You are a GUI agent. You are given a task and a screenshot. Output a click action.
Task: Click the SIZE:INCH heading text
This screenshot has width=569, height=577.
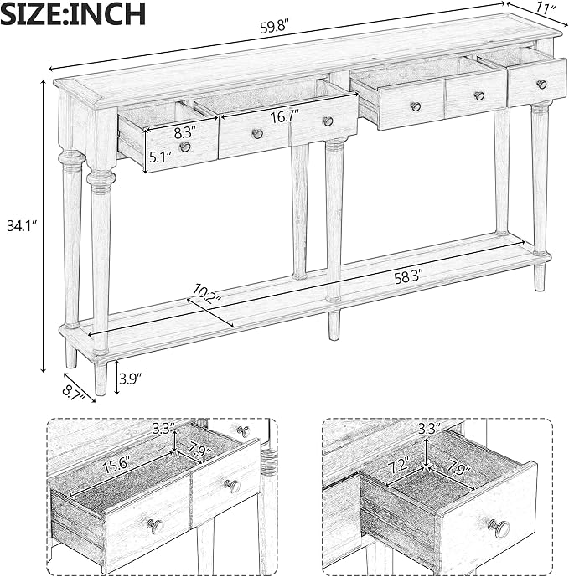click(x=73, y=13)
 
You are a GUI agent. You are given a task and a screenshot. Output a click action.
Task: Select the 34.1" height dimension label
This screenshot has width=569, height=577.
click(x=22, y=226)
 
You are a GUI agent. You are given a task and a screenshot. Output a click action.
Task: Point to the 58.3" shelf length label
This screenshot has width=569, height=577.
click(x=409, y=277)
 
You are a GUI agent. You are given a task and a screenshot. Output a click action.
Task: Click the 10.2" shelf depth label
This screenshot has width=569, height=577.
click(x=206, y=294)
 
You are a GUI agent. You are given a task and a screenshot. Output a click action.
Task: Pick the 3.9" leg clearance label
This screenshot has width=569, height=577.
click(x=131, y=378)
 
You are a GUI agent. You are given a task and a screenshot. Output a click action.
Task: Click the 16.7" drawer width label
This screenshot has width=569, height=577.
click(x=285, y=117)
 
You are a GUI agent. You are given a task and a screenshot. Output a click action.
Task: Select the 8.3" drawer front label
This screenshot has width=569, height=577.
click(x=185, y=132)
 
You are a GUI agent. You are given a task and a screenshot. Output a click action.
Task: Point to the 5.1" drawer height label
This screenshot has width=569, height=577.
click(x=161, y=157)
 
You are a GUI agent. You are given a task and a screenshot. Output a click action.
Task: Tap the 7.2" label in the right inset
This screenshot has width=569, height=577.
click(x=399, y=466)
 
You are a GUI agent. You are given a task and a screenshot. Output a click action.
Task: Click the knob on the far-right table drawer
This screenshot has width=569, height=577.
click(x=541, y=85)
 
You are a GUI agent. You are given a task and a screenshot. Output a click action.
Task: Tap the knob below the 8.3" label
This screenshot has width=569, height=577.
click(x=185, y=147)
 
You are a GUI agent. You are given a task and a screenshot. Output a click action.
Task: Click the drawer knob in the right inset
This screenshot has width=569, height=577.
click(x=499, y=528)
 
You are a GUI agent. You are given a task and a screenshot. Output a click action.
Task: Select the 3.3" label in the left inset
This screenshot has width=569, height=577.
click(x=163, y=429)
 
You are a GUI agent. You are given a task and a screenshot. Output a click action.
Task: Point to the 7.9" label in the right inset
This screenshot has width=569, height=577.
click(x=458, y=470)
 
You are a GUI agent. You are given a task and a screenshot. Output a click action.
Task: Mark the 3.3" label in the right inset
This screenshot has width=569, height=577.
click(x=430, y=428)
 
